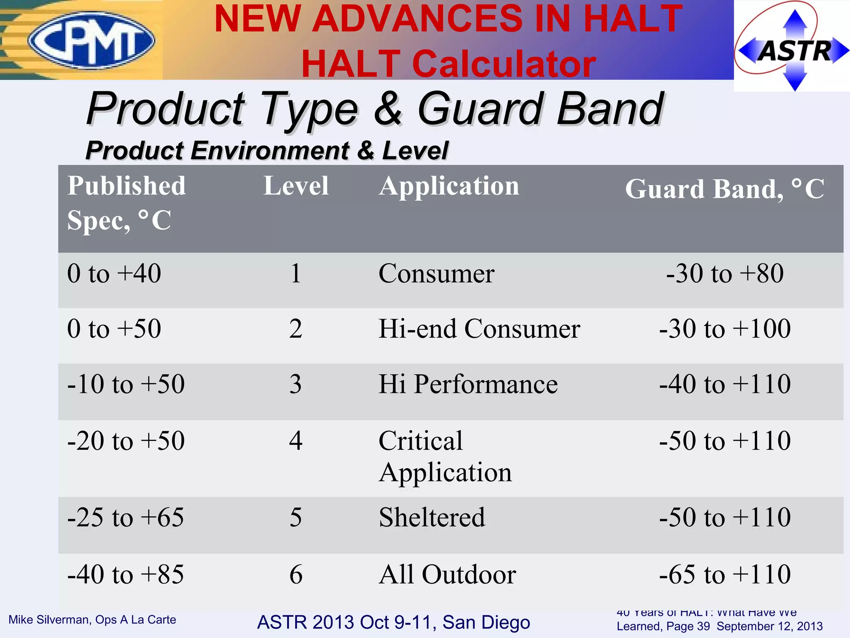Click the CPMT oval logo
(92, 40)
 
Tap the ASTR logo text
(795, 51)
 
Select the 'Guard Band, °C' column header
(724, 189)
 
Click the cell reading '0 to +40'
(114, 274)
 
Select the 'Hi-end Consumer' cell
(479, 329)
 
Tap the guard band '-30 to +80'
(725, 274)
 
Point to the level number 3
(296, 384)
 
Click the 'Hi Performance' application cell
(468, 384)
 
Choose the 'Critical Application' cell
(445, 456)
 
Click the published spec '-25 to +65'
(125, 518)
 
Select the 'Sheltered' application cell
(432, 518)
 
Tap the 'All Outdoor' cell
(447, 575)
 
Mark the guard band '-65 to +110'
(725, 575)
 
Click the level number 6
(296, 575)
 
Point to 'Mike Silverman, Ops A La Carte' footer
(92, 620)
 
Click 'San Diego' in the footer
(486, 622)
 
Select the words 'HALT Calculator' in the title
(448, 64)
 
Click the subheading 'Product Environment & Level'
(267, 150)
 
